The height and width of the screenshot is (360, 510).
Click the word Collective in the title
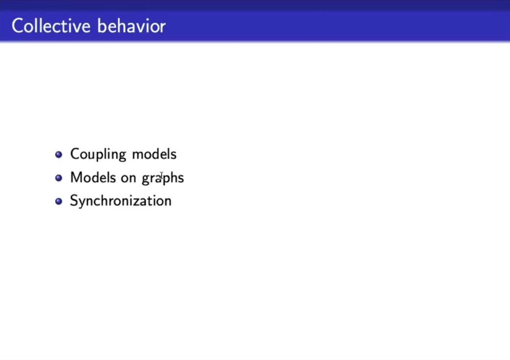(x=51, y=26)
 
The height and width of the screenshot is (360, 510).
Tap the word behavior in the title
(x=132, y=26)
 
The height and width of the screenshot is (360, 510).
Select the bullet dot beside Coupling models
(x=59, y=154)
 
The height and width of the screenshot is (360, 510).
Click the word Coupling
(x=98, y=155)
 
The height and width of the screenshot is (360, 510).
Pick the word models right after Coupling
(x=154, y=154)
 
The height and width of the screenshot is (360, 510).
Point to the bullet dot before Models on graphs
(x=59, y=178)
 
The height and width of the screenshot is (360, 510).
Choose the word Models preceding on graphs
(x=93, y=178)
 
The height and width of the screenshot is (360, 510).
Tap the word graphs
(x=163, y=179)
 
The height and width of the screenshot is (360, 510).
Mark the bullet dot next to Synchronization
(x=59, y=201)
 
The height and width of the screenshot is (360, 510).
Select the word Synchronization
(x=121, y=201)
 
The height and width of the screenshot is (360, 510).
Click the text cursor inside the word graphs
(x=161, y=176)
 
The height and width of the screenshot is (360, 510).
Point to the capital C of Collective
(x=18, y=26)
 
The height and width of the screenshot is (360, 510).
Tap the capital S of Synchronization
(x=74, y=201)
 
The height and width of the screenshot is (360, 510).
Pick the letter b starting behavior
(x=102, y=26)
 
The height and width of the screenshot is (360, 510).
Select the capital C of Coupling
(x=75, y=154)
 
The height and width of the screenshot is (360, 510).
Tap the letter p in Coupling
(x=103, y=156)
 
